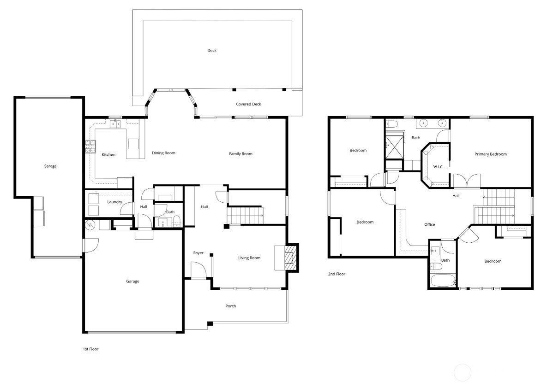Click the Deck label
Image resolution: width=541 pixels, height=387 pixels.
[x=212, y=51]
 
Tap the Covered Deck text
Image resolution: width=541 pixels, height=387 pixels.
[x=248, y=104]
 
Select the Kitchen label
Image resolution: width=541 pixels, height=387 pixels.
[x=108, y=155]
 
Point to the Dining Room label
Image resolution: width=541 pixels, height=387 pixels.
[x=163, y=153]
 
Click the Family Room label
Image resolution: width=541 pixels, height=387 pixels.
[x=240, y=153]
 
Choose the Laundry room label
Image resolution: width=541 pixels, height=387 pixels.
[x=114, y=202]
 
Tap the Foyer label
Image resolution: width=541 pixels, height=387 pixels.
[x=198, y=253]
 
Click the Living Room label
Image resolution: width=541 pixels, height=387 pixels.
[x=249, y=258]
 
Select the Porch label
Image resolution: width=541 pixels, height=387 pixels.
[x=231, y=306]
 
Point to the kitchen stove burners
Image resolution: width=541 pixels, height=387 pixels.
[x=90, y=147]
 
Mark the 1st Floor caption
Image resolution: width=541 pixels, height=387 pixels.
[x=90, y=349]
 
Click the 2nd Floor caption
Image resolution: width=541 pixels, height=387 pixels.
[x=337, y=274]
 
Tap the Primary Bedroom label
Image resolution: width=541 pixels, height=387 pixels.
[x=490, y=154]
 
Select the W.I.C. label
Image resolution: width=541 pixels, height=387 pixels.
[x=438, y=167]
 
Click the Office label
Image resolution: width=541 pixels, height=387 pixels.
[x=430, y=224]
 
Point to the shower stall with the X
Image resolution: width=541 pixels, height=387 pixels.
[x=394, y=147]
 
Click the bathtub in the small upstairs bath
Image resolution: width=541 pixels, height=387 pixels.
[x=443, y=280]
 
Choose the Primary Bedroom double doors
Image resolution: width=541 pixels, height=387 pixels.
[x=467, y=181]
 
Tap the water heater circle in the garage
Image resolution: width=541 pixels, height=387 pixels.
[x=90, y=225]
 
